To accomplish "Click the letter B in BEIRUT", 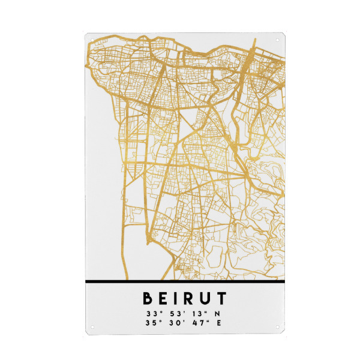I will [148, 298].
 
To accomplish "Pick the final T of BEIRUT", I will [221, 298].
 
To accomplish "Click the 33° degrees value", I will [152, 313].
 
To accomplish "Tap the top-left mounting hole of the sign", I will [91, 41].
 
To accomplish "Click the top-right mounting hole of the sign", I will [277, 41].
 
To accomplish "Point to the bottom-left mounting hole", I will [92, 328].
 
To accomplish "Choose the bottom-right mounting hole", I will [277, 328].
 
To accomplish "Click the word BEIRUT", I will [184, 298].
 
